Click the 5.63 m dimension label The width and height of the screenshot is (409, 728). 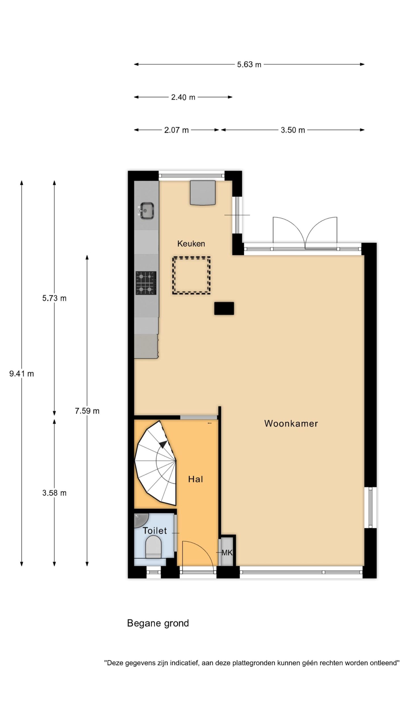pyautogui.click(x=249, y=65)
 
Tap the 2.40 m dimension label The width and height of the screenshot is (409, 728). pyautogui.click(x=183, y=97)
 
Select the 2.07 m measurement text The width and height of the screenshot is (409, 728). pyautogui.click(x=176, y=130)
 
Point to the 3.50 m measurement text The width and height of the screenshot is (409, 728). pyautogui.click(x=293, y=130)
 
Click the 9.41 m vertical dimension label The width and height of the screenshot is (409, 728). pyautogui.click(x=22, y=374)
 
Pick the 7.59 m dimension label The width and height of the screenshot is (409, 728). pyautogui.click(x=87, y=411)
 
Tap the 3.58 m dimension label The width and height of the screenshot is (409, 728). pyautogui.click(x=54, y=493)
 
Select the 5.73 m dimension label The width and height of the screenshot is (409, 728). pyautogui.click(x=54, y=298)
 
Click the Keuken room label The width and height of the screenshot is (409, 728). pyautogui.click(x=191, y=243)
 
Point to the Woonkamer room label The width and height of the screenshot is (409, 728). pyautogui.click(x=291, y=423)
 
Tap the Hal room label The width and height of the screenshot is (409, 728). pyautogui.click(x=195, y=479)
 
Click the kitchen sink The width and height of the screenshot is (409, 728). pyautogui.click(x=146, y=210)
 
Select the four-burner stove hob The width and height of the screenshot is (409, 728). pyautogui.click(x=146, y=283)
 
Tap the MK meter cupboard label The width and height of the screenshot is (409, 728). pyautogui.click(x=227, y=553)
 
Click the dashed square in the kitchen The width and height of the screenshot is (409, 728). pyautogui.click(x=191, y=275)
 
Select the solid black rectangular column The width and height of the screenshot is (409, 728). pyautogui.click(x=224, y=308)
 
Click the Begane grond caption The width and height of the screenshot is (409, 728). pyautogui.click(x=158, y=623)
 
